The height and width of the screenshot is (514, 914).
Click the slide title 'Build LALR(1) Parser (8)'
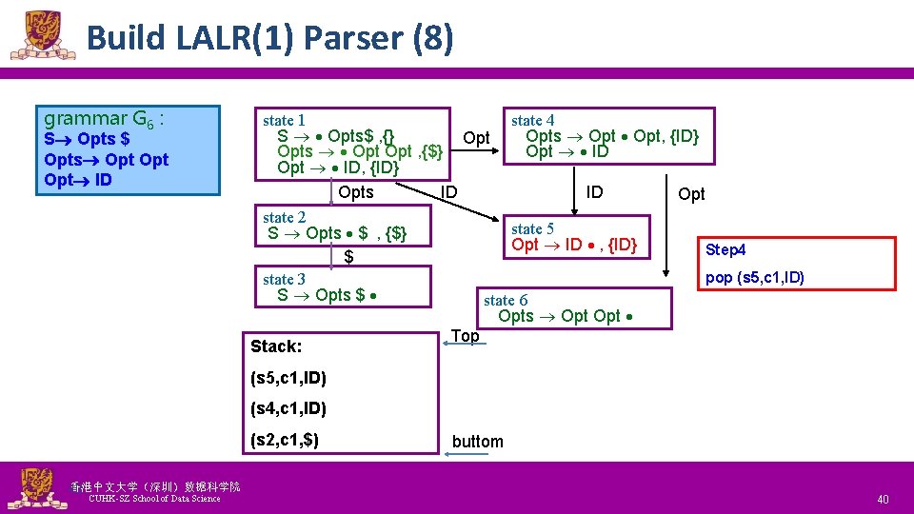(x=269, y=38)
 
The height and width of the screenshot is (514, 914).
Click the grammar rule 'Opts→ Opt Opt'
(x=106, y=159)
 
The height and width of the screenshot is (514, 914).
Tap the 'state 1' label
(x=284, y=120)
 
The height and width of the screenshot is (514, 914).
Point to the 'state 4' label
(x=532, y=120)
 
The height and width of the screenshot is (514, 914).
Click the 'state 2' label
(x=284, y=218)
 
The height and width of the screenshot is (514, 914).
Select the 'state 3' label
(x=284, y=279)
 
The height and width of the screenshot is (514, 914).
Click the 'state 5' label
(x=532, y=228)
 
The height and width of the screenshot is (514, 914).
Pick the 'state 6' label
(x=506, y=300)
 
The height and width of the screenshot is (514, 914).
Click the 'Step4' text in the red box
(x=725, y=250)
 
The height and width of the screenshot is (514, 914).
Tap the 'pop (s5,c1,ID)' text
(x=755, y=277)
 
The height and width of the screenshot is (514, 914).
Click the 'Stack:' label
(x=275, y=346)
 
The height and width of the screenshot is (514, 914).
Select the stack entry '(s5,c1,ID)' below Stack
(x=288, y=378)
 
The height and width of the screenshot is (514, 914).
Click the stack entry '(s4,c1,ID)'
(x=288, y=408)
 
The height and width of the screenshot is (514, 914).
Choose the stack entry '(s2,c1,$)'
(x=284, y=440)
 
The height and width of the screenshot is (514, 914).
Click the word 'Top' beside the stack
(x=465, y=336)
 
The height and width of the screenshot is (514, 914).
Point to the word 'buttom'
(x=477, y=441)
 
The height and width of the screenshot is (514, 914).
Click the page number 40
(x=882, y=500)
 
